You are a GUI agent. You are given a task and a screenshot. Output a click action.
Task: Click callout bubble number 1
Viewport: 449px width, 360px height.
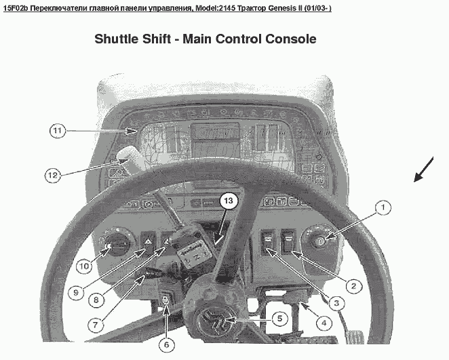383,205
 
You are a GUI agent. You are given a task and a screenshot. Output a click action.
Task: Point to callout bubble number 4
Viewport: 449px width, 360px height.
324,323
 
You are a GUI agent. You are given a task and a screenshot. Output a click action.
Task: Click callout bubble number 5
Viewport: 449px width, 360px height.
279,316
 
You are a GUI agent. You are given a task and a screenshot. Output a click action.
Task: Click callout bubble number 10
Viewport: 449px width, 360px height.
83,266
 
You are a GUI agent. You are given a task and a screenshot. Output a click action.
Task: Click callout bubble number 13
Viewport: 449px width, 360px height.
229,201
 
